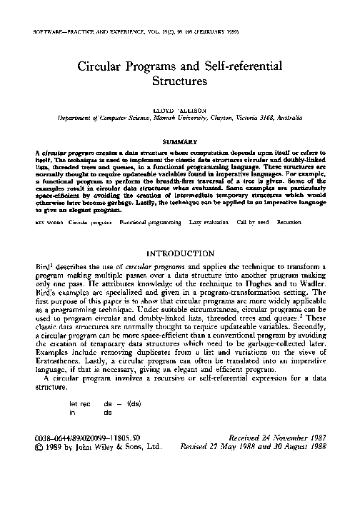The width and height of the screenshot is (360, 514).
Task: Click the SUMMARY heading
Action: click(180, 141)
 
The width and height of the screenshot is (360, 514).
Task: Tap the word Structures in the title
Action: click(180, 82)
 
